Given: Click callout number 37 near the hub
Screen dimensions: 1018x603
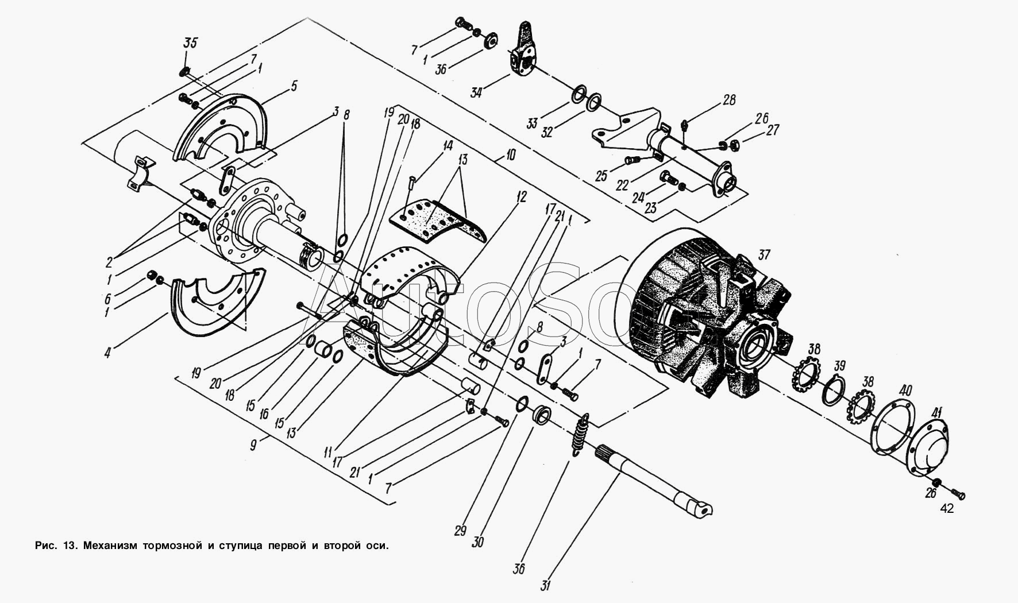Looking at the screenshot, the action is coord(765,254).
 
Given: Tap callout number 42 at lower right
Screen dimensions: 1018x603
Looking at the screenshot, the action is coord(947,509).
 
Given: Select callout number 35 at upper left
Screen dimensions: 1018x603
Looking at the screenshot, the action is coord(190,43).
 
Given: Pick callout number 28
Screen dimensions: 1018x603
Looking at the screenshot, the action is coord(729,100).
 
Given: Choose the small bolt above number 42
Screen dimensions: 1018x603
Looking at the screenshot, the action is coord(959,493).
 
